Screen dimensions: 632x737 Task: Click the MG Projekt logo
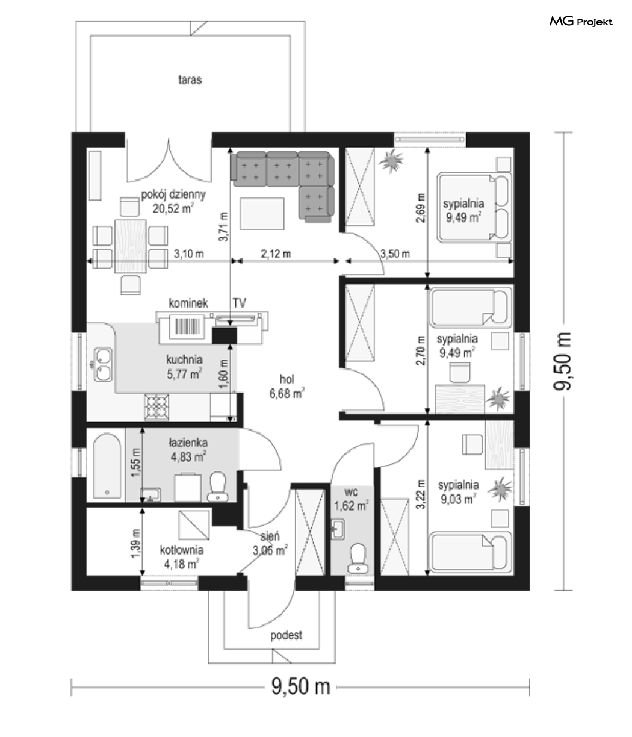581,22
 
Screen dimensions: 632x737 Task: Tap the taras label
190,79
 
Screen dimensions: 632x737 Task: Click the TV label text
239,303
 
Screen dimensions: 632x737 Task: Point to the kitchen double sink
103,365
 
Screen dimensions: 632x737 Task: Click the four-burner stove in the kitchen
156,407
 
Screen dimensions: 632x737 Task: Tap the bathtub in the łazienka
107,465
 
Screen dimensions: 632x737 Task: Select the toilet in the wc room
358,558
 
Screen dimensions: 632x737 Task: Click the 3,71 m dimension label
223,227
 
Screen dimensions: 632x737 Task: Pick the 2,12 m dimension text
276,254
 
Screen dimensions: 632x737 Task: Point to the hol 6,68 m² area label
287,387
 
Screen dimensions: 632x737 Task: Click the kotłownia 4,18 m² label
181,557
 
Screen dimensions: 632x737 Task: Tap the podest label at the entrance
286,635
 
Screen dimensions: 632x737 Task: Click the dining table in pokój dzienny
131,246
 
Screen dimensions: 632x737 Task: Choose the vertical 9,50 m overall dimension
563,361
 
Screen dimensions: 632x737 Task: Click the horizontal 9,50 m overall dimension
300,686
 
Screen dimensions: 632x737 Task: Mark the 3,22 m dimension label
421,494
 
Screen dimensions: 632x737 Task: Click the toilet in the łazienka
218,487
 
